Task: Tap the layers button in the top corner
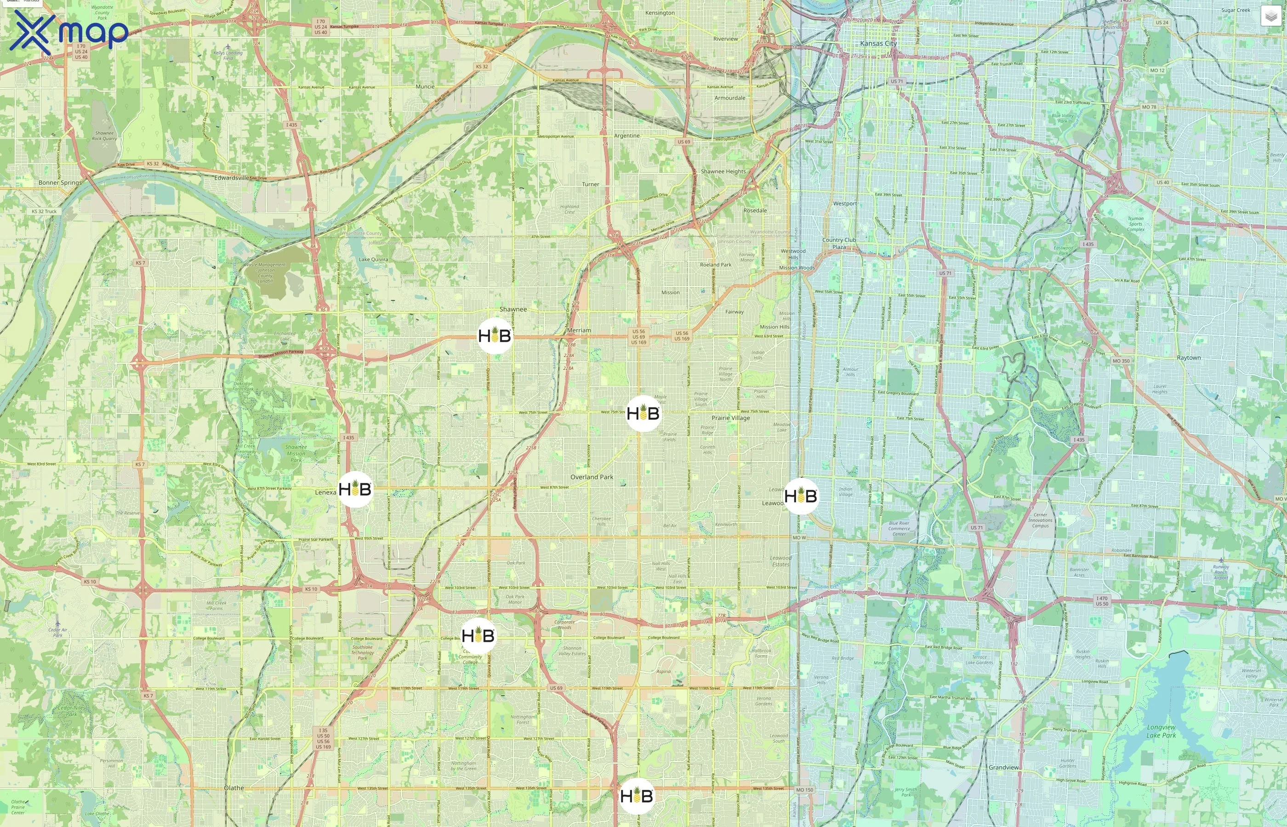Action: [x=1270, y=16]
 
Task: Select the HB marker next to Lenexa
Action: [x=355, y=489]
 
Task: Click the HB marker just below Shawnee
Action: [x=495, y=336]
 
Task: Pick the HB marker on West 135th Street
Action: [x=637, y=796]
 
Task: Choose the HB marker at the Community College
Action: [x=478, y=636]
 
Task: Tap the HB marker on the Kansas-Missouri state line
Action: [x=801, y=496]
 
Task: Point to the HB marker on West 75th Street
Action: [x=643, y=413]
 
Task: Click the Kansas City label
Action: [x=878, y=44]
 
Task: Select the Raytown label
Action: [x=1188, y=357]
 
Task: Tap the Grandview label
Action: [x=1003, y=767]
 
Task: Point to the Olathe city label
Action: [x=233, y=788]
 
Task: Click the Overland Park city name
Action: [x=592, y=477]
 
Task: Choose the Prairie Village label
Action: [x=730, y=418]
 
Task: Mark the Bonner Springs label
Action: [x=60, y=182]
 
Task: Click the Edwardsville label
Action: [x=232, y=178]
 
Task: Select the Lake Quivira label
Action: [x=373, y=260]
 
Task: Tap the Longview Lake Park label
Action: [x=1162, y=731]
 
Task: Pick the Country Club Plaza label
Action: [x=839, y=243]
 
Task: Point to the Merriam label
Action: [x=579, y=330]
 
